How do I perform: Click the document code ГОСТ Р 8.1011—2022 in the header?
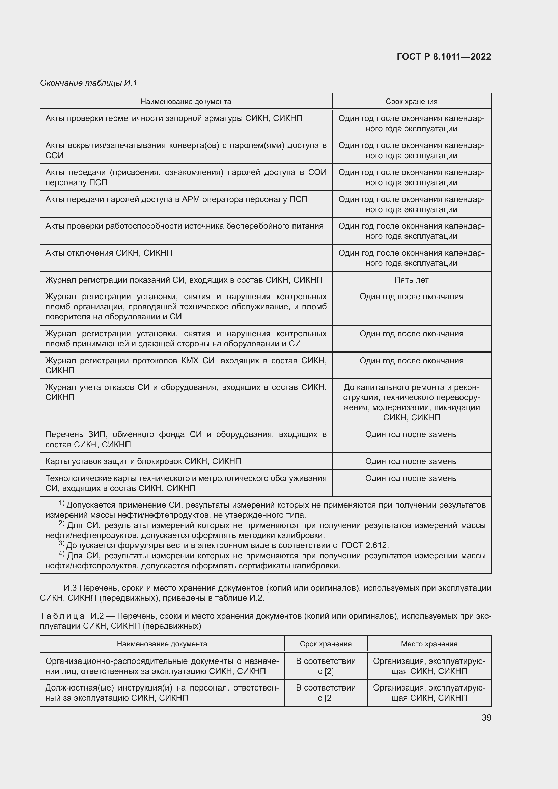click(444, 57)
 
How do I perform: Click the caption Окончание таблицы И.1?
click(89, 83)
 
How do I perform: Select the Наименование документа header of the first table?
click(186, 102)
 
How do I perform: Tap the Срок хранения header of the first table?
click(411, 102)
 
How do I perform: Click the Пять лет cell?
click(411, 280)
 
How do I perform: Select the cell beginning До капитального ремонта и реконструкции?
click(411, 402)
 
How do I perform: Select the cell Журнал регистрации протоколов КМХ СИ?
click(186, 365)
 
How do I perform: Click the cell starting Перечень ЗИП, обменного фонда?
click(186, 439)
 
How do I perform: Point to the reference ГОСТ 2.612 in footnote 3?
click(365, 545)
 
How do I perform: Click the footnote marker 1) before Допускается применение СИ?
click(61, 503)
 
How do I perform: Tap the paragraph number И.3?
click(71, 588)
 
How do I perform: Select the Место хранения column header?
click(429, 644)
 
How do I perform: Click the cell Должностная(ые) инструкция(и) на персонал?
click(162, 693)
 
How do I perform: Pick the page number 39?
click(486, 717)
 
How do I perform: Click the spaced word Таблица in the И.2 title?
click(62, 616)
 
